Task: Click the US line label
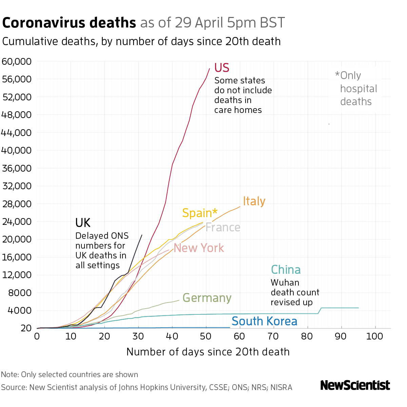pos(222,68)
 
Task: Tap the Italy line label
pos(254,201)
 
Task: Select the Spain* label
pos(199,213)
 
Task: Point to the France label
pos(223,227)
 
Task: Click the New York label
pos(199,248)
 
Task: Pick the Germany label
pos(207,298)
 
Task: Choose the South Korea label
pos(264,321)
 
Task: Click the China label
pos(286,270)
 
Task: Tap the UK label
pos(83,223)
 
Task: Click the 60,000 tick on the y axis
pos(17,62)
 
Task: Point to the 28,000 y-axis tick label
pos(17,204)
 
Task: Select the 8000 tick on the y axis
pos(20,293)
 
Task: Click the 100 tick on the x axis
pos(375,336)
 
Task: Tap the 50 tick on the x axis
pos(206,336)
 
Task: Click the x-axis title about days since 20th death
pos(208,352)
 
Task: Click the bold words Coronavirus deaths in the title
pos(69,23)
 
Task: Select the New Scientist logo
pos(355,385)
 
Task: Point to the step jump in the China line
pos(319,311)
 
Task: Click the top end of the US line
pos(209,69)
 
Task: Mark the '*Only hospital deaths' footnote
pos(356,89)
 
